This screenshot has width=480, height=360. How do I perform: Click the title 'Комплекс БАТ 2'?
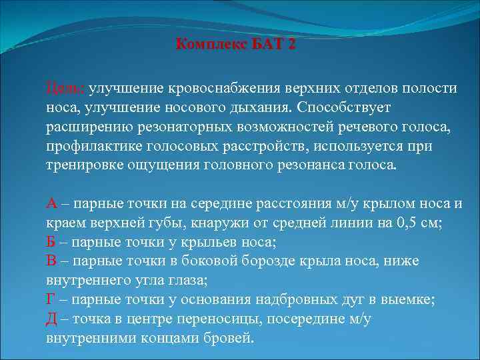[235, 45]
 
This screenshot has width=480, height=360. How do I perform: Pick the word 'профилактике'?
[87, 145]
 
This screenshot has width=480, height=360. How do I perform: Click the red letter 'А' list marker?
[51, 204]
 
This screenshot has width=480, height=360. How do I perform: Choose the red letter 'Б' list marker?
[51, 242]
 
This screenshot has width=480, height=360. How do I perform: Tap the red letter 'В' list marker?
[51, 261]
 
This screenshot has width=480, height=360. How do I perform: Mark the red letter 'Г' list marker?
[50, 300]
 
